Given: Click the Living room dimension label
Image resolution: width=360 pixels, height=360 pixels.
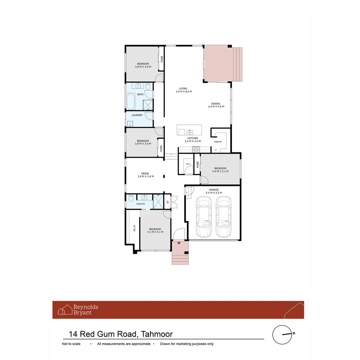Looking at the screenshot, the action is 184,92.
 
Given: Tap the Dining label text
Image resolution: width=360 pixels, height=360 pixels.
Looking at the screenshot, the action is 216,104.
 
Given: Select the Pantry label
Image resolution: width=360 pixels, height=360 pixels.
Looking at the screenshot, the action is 218,142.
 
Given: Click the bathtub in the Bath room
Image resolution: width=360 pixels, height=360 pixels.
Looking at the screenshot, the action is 131,101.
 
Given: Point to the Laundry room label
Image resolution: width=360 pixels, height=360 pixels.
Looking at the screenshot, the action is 137,115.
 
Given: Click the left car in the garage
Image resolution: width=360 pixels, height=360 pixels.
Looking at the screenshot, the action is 204,217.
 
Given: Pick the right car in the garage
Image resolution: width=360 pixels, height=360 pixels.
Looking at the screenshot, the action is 223,217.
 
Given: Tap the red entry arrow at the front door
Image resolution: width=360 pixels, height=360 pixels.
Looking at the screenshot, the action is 179,243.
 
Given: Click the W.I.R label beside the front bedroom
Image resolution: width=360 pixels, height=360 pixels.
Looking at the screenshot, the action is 134,228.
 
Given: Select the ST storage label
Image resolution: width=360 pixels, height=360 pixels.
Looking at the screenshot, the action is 168,202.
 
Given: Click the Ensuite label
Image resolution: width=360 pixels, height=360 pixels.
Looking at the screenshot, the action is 141,204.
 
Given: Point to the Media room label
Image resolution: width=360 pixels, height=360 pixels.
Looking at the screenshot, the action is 145,174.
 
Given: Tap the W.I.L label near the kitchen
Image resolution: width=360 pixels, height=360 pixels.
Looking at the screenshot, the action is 188,164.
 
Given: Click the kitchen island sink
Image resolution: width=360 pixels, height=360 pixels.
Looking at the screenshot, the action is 190,132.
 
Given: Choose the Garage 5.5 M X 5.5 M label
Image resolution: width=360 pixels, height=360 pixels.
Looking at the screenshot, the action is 214,191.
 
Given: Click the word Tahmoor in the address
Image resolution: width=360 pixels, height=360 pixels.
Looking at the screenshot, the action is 157,334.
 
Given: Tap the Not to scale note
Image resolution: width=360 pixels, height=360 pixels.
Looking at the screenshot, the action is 71,344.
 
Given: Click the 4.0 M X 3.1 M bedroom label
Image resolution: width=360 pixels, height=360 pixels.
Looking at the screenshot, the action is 220,171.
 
